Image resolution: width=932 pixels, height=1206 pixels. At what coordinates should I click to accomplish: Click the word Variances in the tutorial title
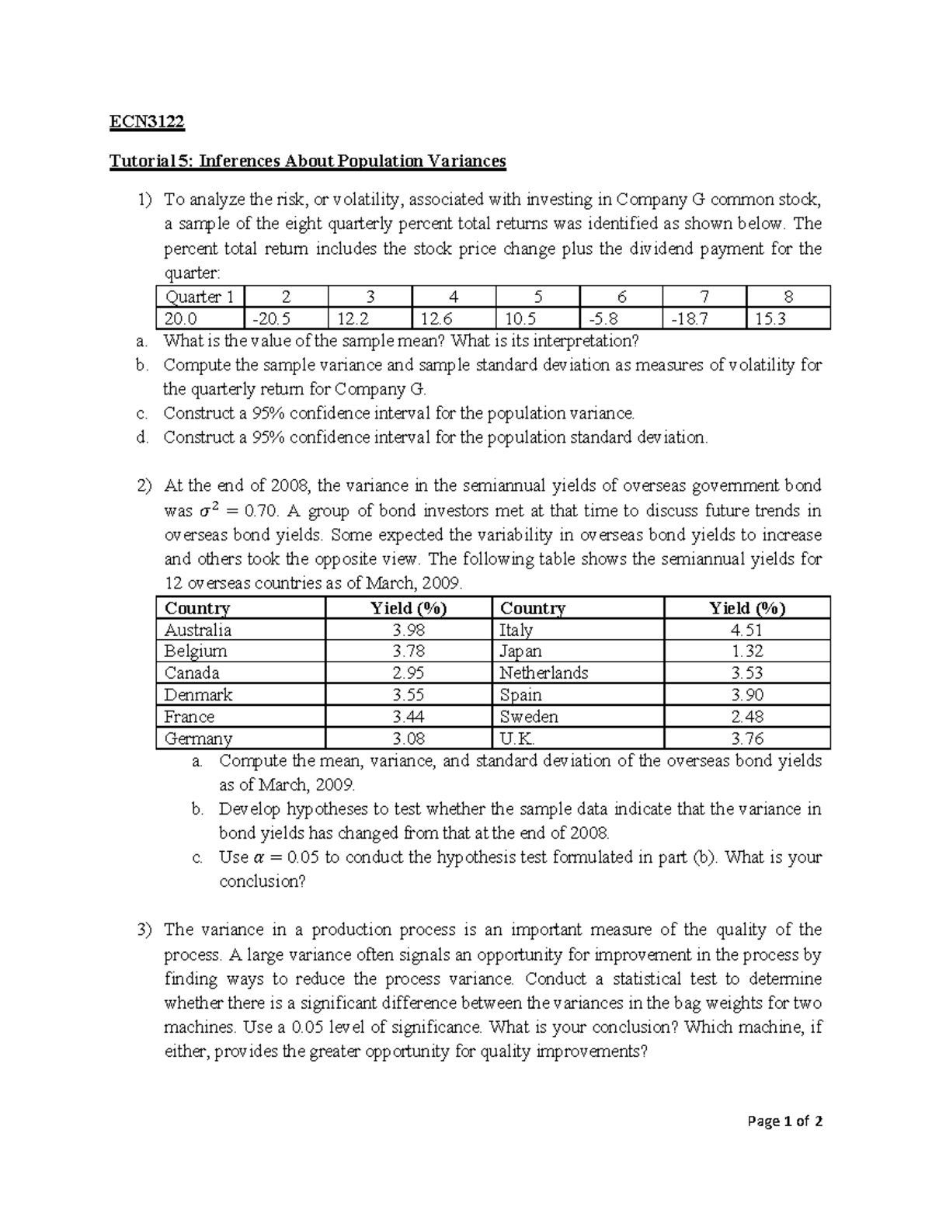[x=464, y=161]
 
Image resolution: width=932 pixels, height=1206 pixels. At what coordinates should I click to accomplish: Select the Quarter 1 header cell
[x=199, y=297]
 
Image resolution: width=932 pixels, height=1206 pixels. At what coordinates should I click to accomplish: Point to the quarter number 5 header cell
[x=537, y=297]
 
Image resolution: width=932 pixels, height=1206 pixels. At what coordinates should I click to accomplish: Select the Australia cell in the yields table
[x=198, y=630]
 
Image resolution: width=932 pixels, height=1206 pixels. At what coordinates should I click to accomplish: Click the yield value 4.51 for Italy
[x=747, y=630]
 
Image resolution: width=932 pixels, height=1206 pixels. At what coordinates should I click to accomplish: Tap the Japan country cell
[x=520, y=652]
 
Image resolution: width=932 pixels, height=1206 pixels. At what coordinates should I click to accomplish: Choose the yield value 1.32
[x=747, y=652]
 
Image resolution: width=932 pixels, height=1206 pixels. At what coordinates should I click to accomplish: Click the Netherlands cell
[x=544, y=673]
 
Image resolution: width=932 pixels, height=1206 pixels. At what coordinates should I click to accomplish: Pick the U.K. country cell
[x=517, y=739]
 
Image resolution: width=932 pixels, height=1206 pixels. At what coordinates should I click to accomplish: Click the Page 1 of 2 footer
[x=784, y=1121]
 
